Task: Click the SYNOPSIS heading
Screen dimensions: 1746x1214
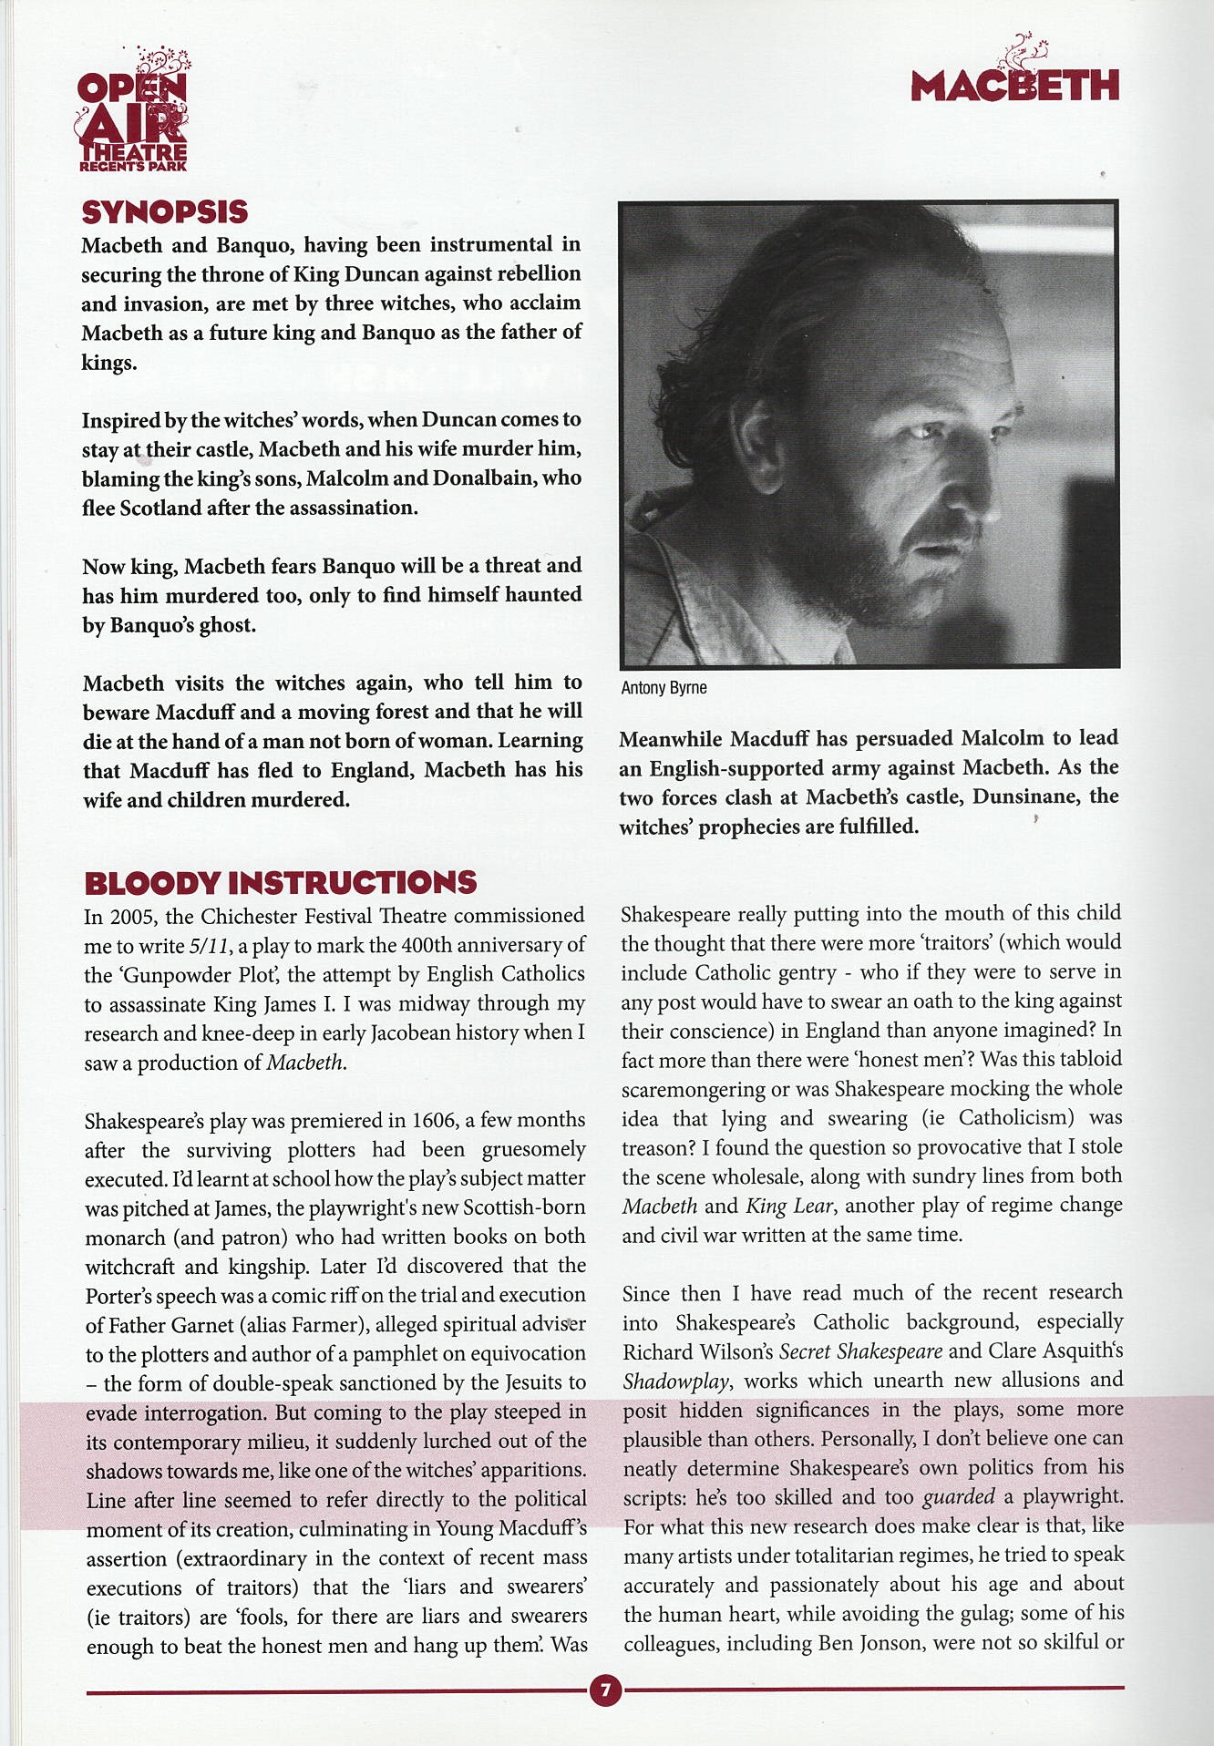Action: tap(165, 212)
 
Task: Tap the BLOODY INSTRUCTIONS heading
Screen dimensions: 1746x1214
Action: tap(280, 882)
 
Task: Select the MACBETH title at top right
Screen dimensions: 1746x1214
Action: tap(1014, 85)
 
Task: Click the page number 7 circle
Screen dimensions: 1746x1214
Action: tap(605, 1690)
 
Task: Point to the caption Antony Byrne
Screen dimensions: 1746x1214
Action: tap(664, 688)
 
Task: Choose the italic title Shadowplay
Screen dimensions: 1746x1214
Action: tap(676, 1381)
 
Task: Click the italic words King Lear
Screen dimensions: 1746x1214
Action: tap(789, 1206)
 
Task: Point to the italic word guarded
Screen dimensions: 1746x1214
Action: tap(958, 1496)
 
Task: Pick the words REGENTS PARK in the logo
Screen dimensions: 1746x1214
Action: tap(133, 166)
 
